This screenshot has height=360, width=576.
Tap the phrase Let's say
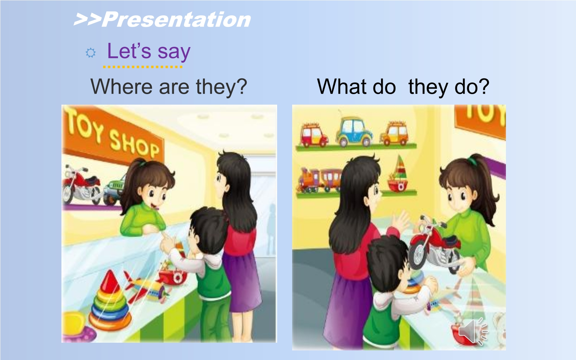[149, 51]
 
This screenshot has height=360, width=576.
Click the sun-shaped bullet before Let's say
[91, 53]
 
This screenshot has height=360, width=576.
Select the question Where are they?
[169, 87]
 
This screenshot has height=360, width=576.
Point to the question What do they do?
[403, 87]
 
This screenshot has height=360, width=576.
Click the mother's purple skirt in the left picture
[241, 282]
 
